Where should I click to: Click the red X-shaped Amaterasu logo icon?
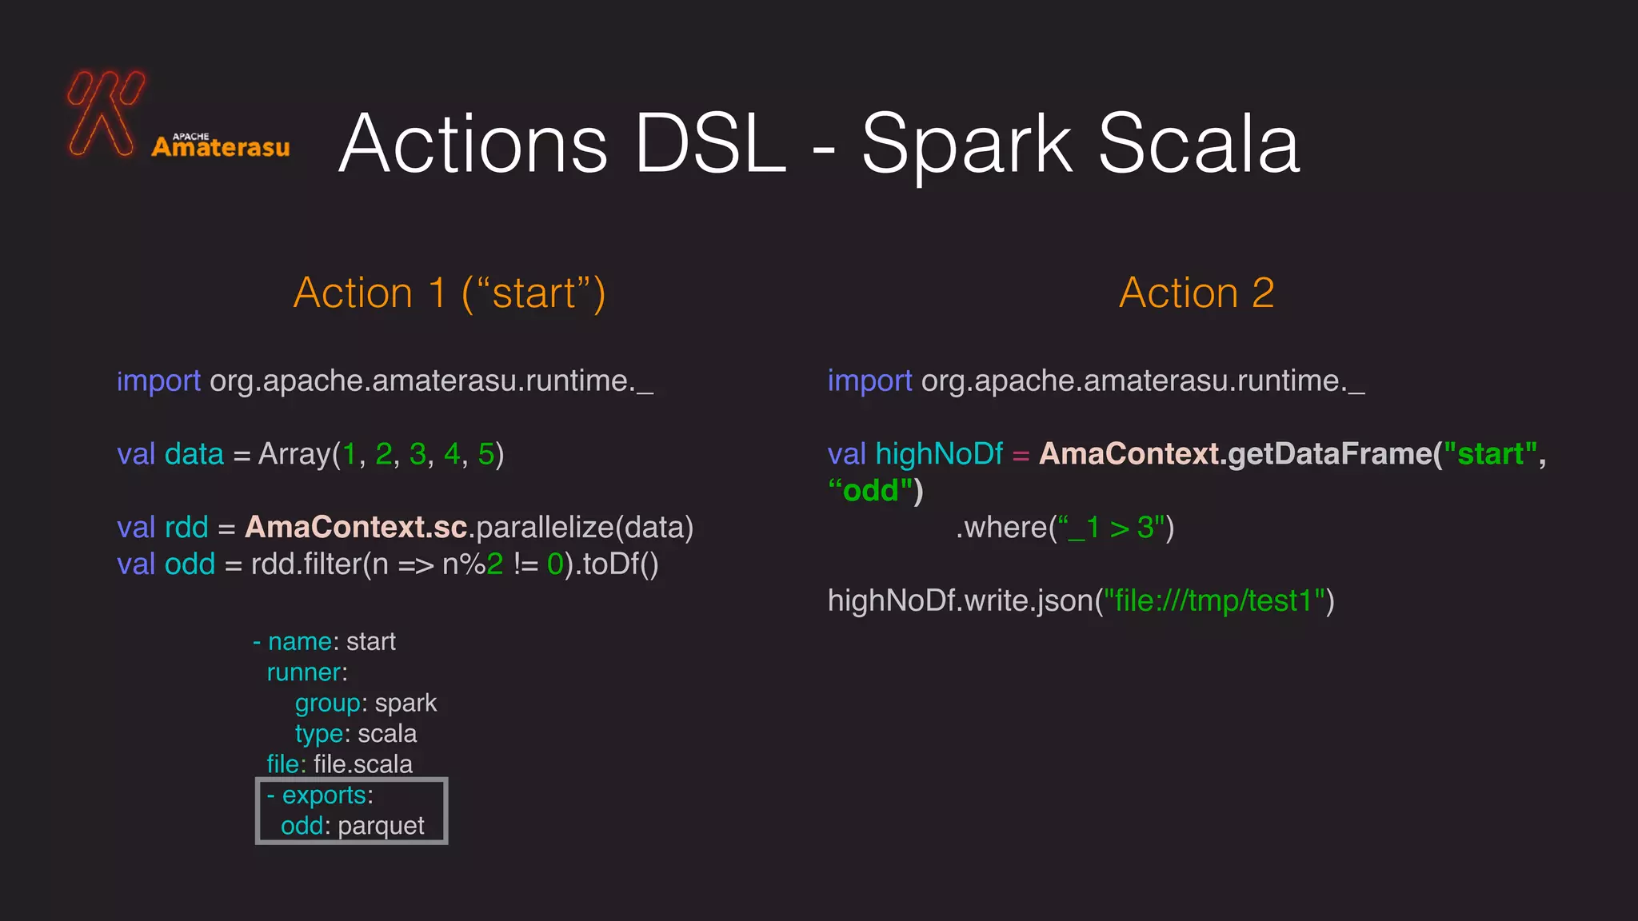[105, 112]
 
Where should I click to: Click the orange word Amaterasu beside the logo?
[221, 147]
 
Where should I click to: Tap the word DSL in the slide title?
[709, 144]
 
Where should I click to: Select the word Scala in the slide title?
[1199, 144]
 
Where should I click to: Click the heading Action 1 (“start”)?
[449, 293]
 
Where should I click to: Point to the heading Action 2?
[1196, 293]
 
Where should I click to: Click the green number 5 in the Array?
[485, 454]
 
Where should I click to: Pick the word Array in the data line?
[294, 454]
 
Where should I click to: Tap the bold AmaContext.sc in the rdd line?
[356, 528]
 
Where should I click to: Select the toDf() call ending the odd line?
[621, 564]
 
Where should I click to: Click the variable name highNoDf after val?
[939, 454]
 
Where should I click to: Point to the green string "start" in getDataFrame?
[1490, 454]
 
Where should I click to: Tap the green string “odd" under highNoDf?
[870, 491]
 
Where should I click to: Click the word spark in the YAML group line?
[406, 704]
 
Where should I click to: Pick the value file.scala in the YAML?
[363, 764]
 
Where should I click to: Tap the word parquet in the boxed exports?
[381, 826]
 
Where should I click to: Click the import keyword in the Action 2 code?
[869, 381]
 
